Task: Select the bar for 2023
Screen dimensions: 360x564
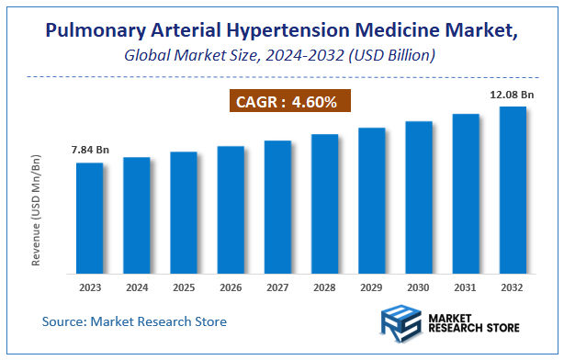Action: (x=89, y=218)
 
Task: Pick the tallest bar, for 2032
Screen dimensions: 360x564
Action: (x=513, y=190)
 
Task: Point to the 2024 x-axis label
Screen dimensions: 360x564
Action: (x=137, y=287)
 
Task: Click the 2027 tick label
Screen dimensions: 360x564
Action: (x=277, y=287)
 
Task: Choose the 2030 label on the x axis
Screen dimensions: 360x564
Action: (x=419, y=287)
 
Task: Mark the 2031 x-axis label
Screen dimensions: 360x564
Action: (x=466, y=287)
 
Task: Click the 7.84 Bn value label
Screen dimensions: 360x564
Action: (x=89, y=151)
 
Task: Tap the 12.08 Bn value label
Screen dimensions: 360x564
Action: (x=511, y=94)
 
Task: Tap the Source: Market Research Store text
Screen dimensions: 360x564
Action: (x=134, y=321)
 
